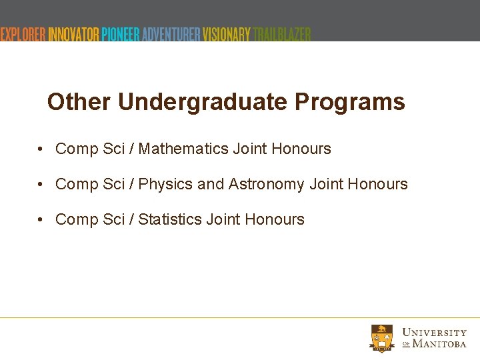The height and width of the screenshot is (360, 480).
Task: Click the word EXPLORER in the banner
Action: (x=23, y=34)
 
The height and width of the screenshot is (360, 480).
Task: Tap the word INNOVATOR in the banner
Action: (x=73, y=34)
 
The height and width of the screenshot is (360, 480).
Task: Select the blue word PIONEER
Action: (x=121, y=34)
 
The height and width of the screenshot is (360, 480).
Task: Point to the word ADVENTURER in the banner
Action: (x=171, y=34)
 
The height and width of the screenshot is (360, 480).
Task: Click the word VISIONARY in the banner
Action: (x=227, y=34)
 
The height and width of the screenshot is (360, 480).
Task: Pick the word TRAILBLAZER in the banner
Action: (x=282, y=34)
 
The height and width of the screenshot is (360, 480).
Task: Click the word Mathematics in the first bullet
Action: (x=183, y=149)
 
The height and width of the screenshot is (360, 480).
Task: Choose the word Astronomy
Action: (x=267, y=184)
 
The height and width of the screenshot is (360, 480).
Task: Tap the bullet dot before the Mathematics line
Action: (x=41, y=149)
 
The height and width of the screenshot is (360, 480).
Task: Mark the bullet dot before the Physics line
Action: (x=41, y=184)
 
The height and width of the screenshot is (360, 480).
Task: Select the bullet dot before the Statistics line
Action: (x=41, y=219)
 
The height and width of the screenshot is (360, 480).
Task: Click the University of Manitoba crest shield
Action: (x=383, y=338)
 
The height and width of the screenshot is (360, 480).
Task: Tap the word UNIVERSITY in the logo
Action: (x=435, y=332)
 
